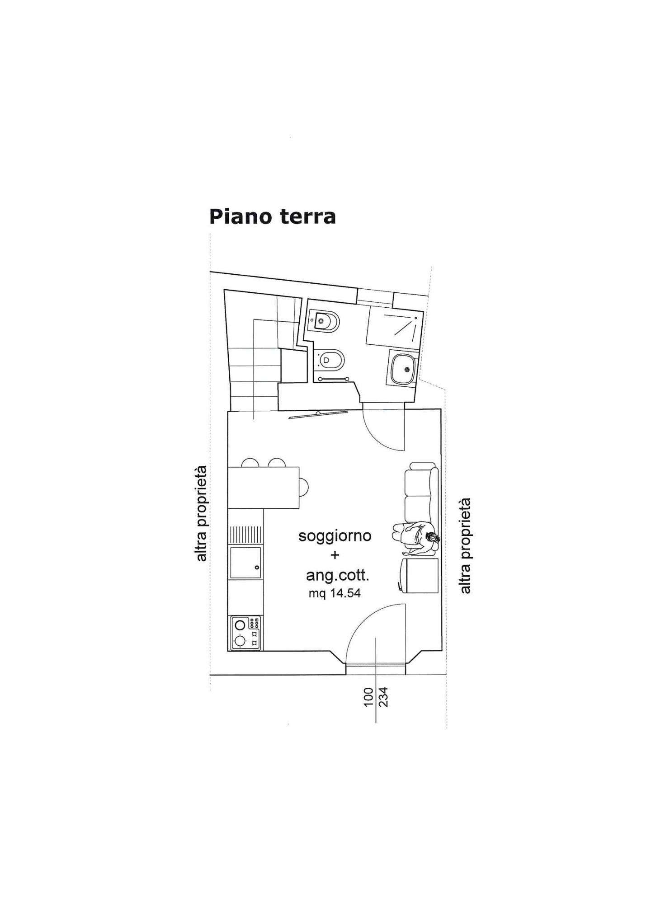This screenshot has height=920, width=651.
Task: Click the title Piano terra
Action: (272, 216)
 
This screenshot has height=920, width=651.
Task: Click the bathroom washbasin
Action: (402, 369)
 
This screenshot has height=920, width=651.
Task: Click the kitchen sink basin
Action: (245, 563)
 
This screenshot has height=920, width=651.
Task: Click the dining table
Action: (264, 488)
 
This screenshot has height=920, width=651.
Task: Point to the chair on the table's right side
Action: (304, 487)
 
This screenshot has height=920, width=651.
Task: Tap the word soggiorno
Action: (335, 536)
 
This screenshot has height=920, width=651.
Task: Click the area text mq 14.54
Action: (335, 594)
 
